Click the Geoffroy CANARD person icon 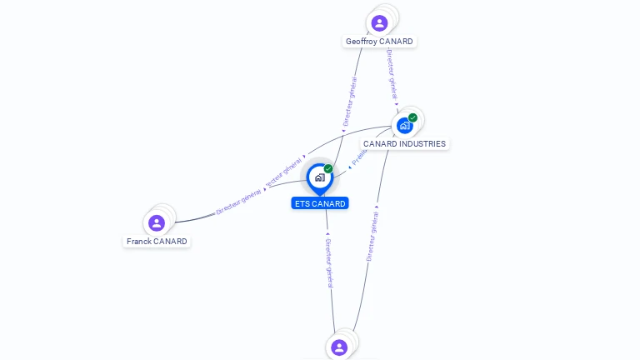(379, 22)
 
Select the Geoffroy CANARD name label (379, 42)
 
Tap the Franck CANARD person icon (156, 222)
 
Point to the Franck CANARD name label (157, 242)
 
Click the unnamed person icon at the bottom (338, 347)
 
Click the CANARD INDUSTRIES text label (404, 144)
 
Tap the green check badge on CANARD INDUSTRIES (412, 117)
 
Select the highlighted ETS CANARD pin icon (319, 177)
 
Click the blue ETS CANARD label (319, 203)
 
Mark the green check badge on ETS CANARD (328, 168)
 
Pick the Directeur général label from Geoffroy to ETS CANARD (350, 102)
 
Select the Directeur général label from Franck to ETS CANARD (239, 201)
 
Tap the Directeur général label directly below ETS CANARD (329, 262)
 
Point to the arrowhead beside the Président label (350, 167)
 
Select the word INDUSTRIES (420, 144)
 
